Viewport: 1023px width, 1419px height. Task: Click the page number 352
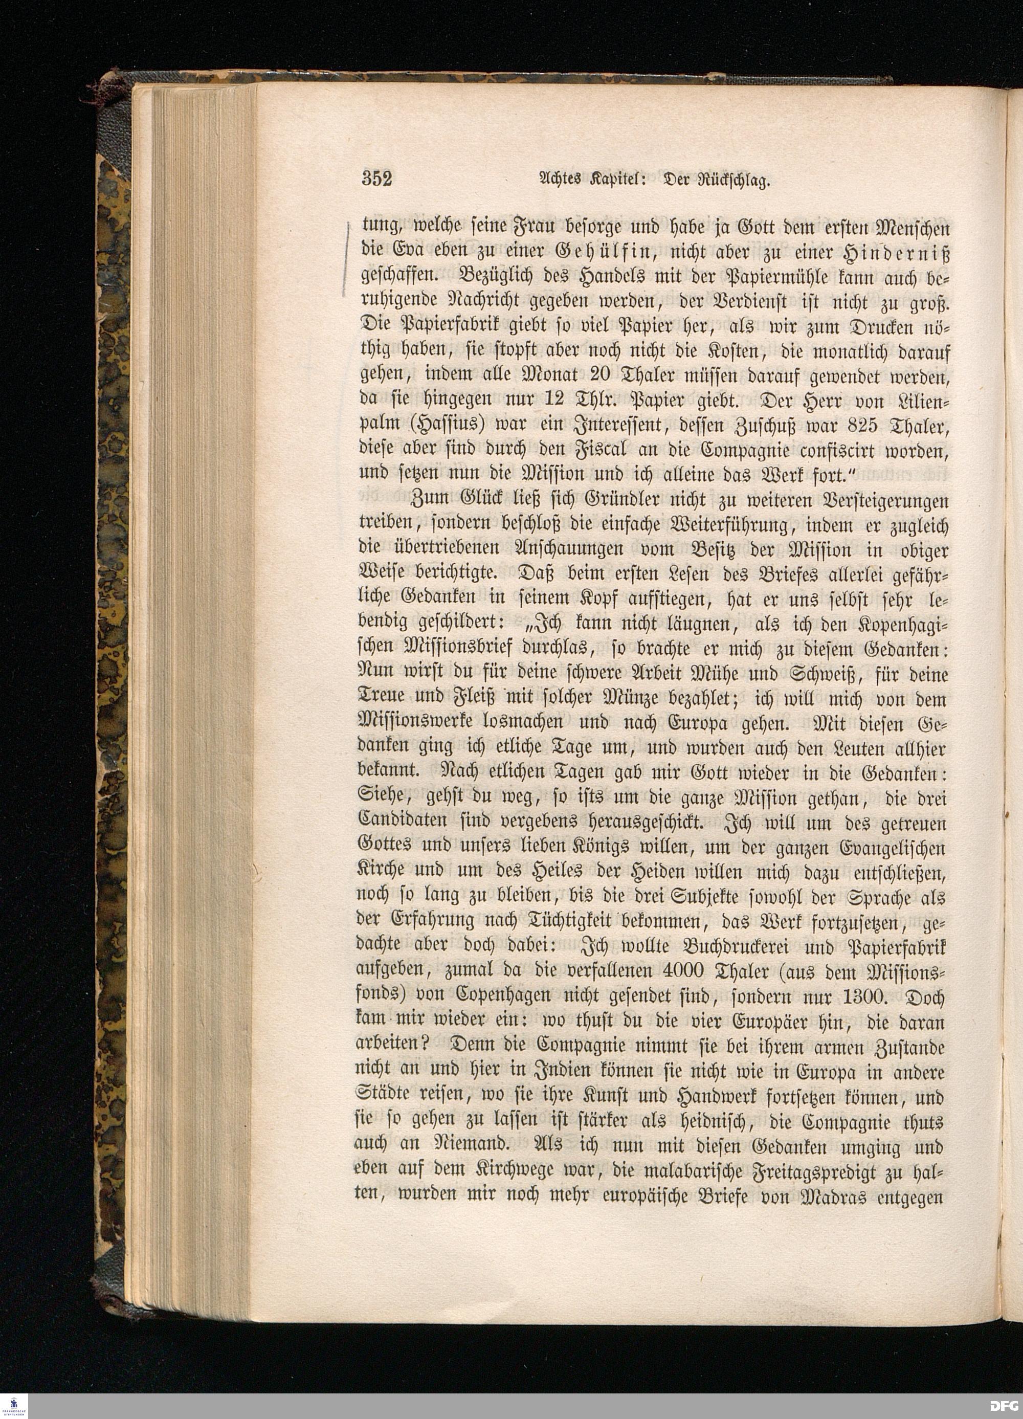coord(376,180)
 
